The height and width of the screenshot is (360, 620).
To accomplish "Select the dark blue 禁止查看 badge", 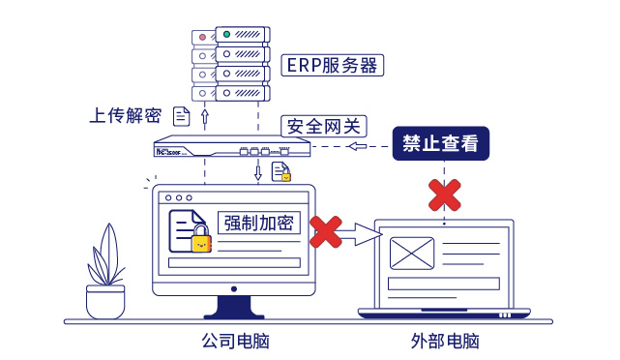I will [x=440, y=144].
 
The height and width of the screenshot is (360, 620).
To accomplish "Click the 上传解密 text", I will [x=125, y=116].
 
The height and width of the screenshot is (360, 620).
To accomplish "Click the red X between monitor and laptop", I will [x=326, y=231].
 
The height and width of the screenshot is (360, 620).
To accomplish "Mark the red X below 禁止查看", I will [x=444, y=194].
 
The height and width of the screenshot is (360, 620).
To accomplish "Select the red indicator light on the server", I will [x=202, y=37].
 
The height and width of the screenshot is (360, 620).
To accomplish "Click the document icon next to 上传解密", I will [x=181, y=116].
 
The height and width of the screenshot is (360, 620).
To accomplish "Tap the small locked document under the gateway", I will [x=280, y=172].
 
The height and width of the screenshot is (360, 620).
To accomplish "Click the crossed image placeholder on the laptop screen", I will [x=412, y=254].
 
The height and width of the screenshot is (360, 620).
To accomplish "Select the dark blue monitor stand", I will [x=233, y=307].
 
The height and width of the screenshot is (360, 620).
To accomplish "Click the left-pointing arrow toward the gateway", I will [x=363, y=146].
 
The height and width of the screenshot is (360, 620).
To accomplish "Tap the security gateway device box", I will [x=232, y=149].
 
